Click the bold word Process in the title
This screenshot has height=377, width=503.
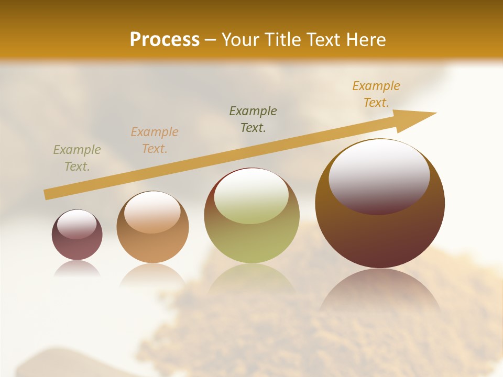click(165, 40)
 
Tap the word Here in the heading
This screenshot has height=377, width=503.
click(366, 40)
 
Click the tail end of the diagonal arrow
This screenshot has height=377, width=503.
click(46, 195)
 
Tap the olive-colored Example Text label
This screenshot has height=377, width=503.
click(77, 158)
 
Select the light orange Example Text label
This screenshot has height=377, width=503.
click(155, 140)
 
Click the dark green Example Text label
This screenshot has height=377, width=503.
click(253, 119)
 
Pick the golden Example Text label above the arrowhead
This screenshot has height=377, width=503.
click(376, 94)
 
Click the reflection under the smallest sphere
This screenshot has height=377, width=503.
click(77, 268)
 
